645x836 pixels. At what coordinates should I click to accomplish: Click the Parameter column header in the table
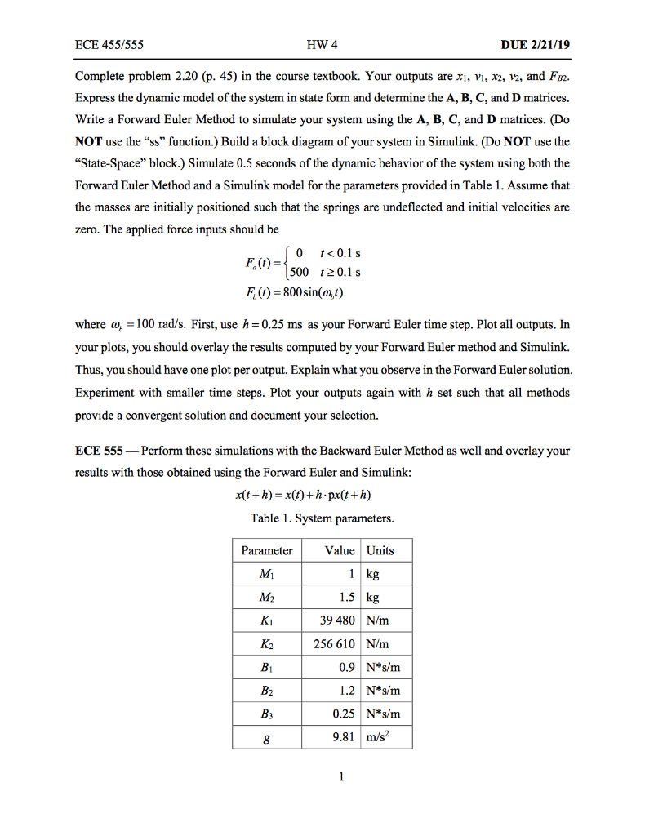[x=266, y=550]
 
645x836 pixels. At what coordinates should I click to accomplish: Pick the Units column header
[x=380, y=550]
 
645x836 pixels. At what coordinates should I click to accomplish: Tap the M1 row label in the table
[x=266, y=575]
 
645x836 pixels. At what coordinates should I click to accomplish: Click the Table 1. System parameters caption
[x=322, y=518]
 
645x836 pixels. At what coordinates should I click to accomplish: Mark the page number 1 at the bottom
[x=322, y=776]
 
